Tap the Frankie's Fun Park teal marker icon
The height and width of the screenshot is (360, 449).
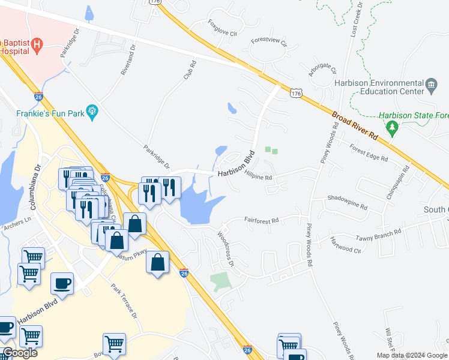click(92, 111)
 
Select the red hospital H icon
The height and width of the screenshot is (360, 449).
click(38, 44)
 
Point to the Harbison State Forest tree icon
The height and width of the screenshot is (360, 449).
click(392, 127)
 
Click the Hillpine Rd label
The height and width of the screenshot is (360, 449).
click(259, 175)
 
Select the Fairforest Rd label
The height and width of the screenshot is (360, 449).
click(262, 221)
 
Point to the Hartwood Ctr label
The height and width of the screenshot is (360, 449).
click(345, 245)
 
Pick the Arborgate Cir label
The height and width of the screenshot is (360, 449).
click(322, 69)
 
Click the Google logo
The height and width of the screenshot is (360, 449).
click(20, 353)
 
